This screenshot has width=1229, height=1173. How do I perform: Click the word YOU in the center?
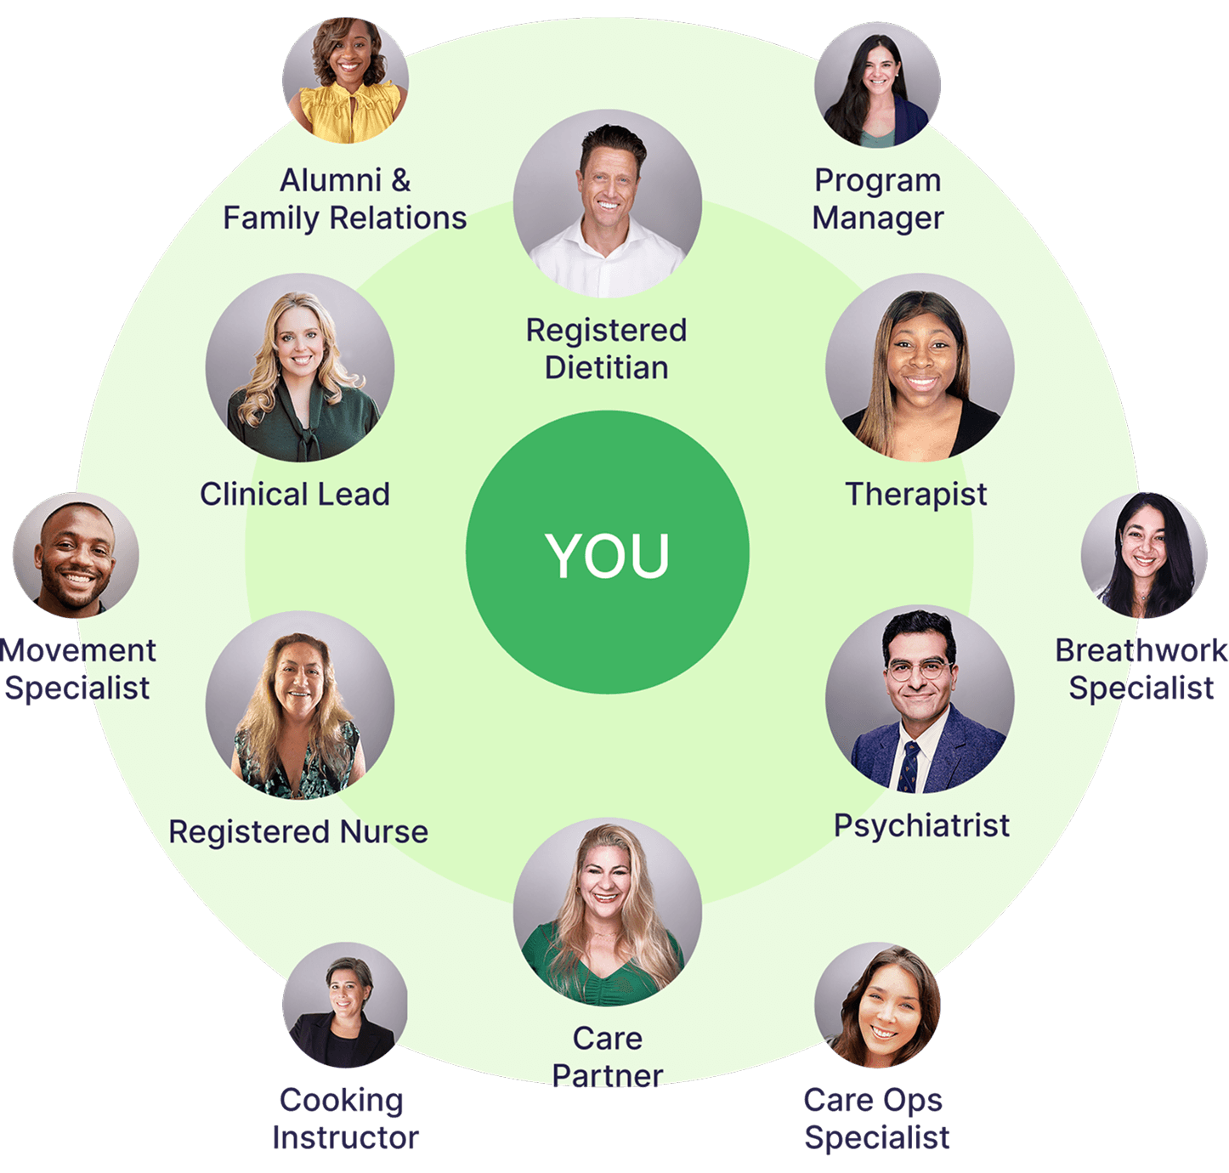[608, 556]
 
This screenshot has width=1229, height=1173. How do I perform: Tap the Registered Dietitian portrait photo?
[608, 204]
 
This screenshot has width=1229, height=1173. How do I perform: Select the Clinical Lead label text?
[295, 494]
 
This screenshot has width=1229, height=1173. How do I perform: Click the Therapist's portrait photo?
[920, 367]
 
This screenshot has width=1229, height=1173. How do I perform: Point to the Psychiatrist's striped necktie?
[910, 765]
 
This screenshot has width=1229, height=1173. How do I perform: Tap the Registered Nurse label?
[298, 831]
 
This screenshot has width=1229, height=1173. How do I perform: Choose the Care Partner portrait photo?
[608, 912]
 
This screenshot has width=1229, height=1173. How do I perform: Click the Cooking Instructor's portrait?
[345, 1005]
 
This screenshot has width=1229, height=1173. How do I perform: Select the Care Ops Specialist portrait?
[877, 1005]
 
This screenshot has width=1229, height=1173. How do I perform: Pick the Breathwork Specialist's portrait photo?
[1144, 555]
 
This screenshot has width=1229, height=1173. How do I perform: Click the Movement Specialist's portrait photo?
[76, 555]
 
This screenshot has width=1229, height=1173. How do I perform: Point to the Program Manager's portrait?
[877, 85]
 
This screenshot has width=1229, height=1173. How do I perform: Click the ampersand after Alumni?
[400, 180]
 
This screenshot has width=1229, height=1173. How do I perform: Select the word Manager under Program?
[878, 218]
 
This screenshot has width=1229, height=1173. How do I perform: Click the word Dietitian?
[606, 367]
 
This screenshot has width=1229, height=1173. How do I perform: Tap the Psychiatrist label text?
[921, 825]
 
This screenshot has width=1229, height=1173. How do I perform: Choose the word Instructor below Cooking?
[345, 1137]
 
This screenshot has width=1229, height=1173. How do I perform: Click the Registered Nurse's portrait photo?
[299, 705]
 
